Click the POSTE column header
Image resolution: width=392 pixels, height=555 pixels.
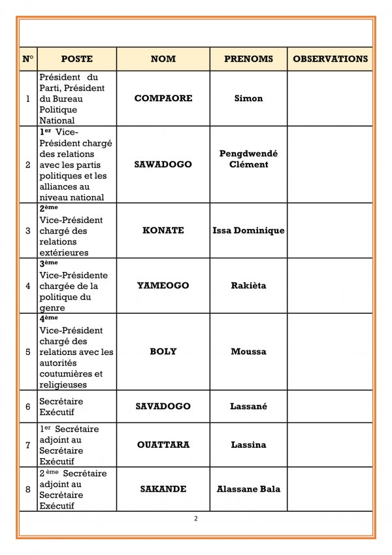(x=76, y=59)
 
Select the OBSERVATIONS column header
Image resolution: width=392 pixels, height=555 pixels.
(x=330, y=59)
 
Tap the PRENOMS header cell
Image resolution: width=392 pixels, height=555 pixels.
(x=248, y=59)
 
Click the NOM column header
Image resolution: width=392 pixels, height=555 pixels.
(x=163, y=59)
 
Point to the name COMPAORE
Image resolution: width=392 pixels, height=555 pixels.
(x=163, y=99)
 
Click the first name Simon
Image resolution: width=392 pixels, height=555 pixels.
(x=248, y=99)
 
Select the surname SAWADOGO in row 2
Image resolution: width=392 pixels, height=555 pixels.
(x=163, y=165)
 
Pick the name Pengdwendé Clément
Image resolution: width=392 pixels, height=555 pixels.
(x=248, y=159)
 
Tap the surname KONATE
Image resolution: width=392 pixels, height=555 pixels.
(x=163, y=231)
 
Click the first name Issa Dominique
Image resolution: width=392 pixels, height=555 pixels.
(x=248, y=231)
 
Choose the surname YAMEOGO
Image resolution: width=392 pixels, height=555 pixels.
(x=163, y=286)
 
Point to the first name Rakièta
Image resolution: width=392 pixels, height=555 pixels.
(x=248, y=286)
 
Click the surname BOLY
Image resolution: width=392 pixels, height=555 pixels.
(x=163, y=352)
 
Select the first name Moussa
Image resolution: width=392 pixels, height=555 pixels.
(x=248, y=352)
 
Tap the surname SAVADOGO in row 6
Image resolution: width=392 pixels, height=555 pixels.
(x=163, y=407)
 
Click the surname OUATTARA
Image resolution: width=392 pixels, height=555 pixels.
(x=163, y=445)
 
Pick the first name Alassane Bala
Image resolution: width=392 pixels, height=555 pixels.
(x=248, y=489)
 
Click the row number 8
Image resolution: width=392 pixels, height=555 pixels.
(x=27, y=489)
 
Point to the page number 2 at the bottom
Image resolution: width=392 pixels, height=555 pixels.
(x=195, y=519)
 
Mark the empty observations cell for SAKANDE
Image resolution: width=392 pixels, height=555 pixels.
(x=330, y=489)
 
